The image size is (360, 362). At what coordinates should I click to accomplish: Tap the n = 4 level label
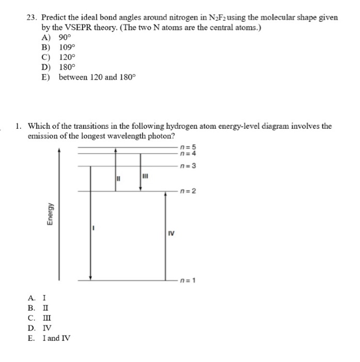188,153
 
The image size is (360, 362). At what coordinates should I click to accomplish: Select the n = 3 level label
188,166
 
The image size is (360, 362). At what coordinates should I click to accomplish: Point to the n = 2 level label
188,191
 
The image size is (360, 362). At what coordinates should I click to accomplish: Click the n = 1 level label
188,281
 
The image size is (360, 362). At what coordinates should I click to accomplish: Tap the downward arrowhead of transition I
91,278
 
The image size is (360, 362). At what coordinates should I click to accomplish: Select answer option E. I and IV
50,338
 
